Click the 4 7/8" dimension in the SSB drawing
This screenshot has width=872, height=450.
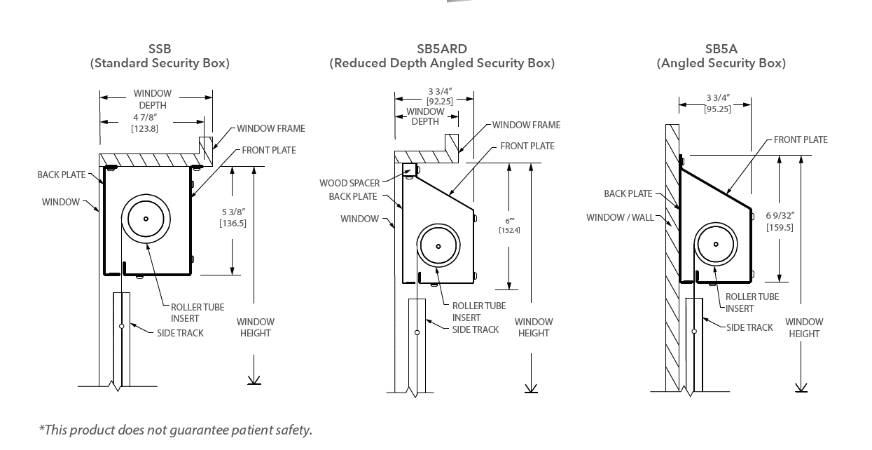tap(145, 117)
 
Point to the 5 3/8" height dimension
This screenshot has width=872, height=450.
tap(233, 212)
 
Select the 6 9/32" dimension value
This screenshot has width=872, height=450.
tap(780, 215)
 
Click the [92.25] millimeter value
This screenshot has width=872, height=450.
tap(440, 102)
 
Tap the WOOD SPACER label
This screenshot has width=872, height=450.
tap(350, 183)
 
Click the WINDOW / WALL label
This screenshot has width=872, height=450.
tap(620, 217)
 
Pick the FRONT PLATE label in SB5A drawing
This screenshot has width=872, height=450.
tap(801, 139)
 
